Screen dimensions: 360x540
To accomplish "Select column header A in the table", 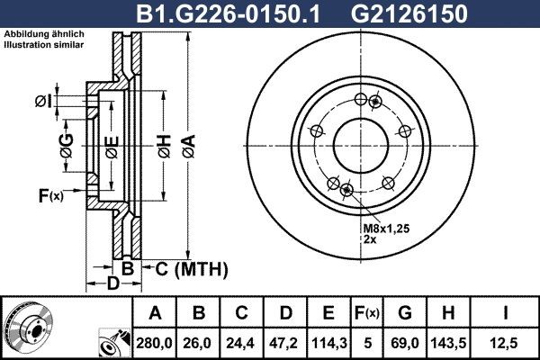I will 155,313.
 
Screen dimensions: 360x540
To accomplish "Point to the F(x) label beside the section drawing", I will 50,194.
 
